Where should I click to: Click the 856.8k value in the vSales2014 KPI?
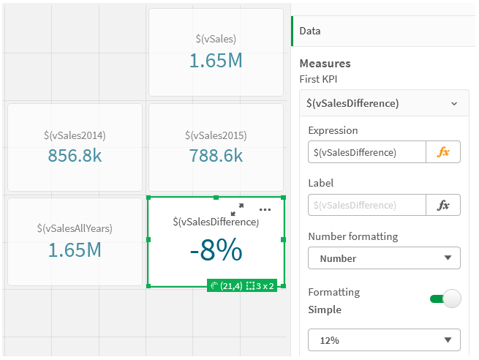tap(74, 155)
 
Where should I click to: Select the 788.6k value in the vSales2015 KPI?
tap(216, 155)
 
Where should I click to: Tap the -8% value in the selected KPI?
tap(216, 251)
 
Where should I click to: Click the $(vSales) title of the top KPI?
tap(216, 39)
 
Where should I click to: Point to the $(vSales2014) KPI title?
tap(74, 135)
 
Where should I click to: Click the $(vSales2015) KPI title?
tap(216, 135)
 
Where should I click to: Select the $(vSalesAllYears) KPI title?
tap(74, 228)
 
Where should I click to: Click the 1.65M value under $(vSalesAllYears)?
tap(74, 250)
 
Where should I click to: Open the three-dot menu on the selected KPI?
tap(265, 209)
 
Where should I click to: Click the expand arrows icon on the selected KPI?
tap(237, 209)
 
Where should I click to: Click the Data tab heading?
tap(310, 31)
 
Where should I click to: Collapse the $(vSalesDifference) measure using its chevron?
tap(454, 104)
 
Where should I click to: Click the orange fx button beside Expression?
tap(443, 152)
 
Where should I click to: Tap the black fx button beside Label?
tap(443, 205)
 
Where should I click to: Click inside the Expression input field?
tap(366, 152)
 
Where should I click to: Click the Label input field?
tap(366, 205)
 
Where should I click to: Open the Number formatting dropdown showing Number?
tap(384, 258)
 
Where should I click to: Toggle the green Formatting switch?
tap(445, 299)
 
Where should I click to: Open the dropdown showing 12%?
tap(384, 340)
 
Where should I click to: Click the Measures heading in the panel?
tap(325, 64)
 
